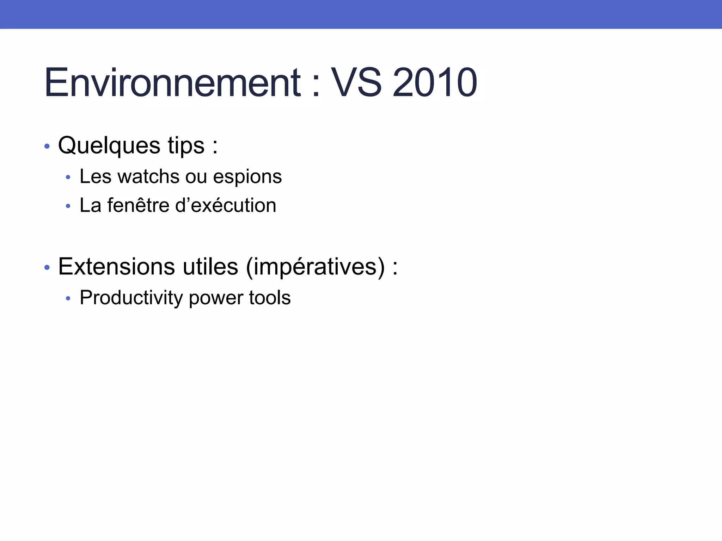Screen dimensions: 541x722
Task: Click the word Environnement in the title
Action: tap(173, 83)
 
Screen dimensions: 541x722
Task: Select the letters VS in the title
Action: tap(356, 83)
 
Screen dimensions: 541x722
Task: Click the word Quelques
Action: tap(109, 146)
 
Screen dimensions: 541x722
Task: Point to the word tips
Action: tap(186, 146)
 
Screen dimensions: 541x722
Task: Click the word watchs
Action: tap(148, 176)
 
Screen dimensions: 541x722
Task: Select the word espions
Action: tap(247, 177)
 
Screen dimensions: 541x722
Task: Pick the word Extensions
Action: tap(116, 267)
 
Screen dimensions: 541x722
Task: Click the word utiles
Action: tap(210, 267)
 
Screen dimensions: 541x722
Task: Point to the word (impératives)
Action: tap(315, 267)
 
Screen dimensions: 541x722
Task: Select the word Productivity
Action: tap(131, 298)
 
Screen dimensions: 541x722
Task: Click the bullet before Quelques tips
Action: tap(47, 146)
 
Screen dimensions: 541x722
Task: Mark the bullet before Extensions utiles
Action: tap(47, 268)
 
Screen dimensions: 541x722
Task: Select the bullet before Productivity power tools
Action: tap(68, 299)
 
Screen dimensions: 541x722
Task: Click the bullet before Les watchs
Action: tap(68, 177)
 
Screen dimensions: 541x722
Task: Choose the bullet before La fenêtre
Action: tap(68, 206)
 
